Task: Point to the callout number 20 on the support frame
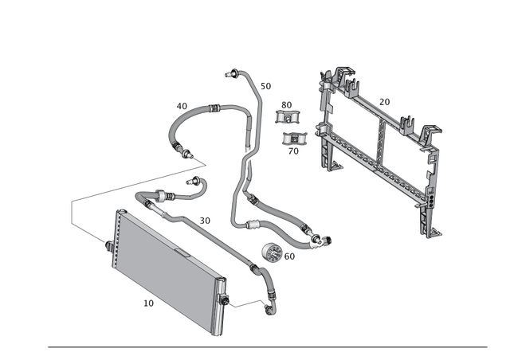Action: (385, 102)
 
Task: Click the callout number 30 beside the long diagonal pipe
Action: (204, 218)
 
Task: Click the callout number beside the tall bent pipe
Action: (266, 84)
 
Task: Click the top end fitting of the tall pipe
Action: (232, 73)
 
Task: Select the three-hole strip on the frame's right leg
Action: (431, 199)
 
